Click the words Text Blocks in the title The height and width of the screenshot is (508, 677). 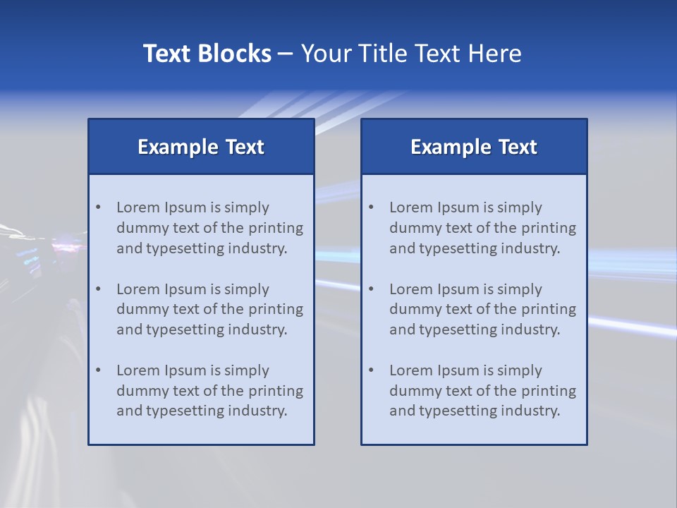click(x=207, y=54)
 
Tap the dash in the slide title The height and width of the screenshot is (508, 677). click(x=286, y=54)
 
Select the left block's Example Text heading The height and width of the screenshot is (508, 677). click(x=201, y=147)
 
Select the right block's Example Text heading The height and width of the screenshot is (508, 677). click(x=474, y=147)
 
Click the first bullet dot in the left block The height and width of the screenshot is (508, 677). click(x=99, y=207)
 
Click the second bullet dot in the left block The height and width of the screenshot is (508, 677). click(x=99, y=289)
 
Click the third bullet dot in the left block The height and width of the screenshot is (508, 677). click(x=99, y=370)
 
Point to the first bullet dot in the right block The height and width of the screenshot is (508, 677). click(x=372, y=207)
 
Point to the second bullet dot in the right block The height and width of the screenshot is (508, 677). click(x=372, y=289)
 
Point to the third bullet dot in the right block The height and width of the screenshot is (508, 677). click(x=372, y=370)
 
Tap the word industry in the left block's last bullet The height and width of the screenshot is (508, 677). click(x=257, y=411)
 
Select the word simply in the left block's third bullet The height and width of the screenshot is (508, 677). click(x=247, y=370)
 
